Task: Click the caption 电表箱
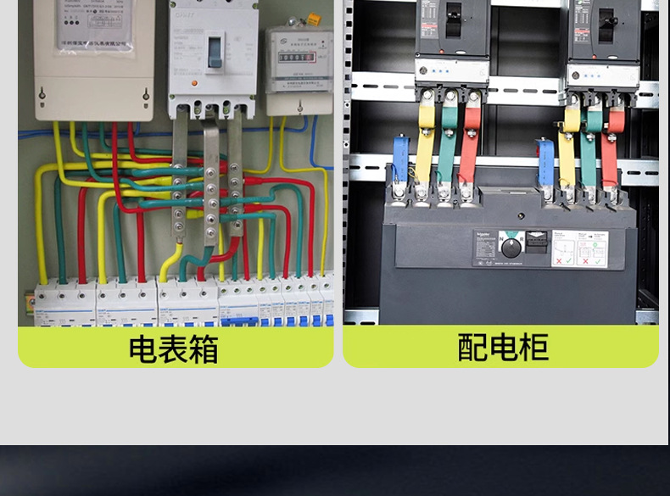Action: coord(173,348)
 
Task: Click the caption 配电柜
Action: coord(502,347)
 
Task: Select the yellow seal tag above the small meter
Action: coord(313,19)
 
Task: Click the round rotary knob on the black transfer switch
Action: coord(511,248)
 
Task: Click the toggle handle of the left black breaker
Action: coord(454,14)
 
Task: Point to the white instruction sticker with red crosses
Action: coord(579,248)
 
